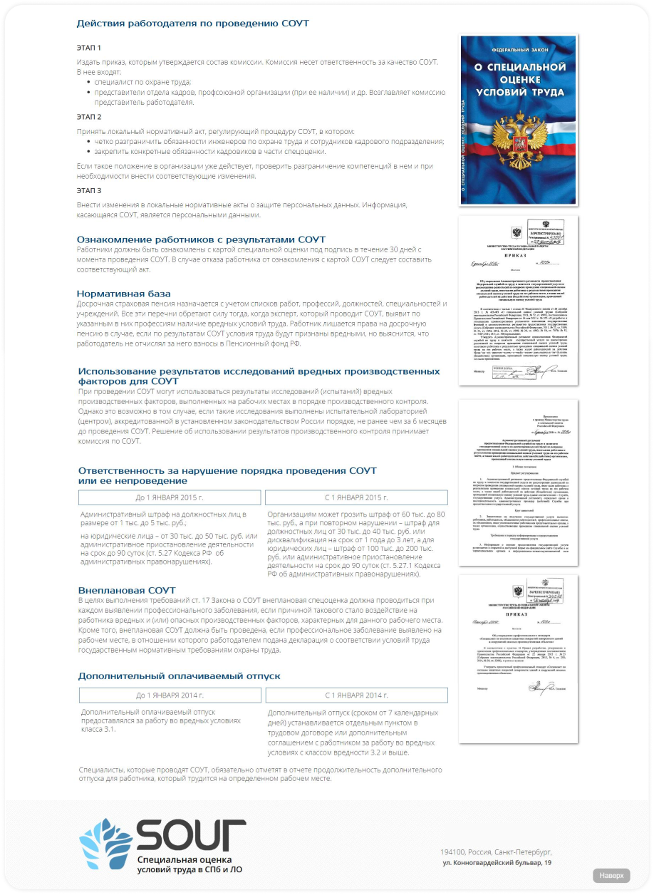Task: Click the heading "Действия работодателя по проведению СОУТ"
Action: click(x=192, y=24)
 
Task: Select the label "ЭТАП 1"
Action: click(x=89, y=48)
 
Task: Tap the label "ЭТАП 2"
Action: click(x=89, y=116)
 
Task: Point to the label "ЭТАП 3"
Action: click(x=89, y=190)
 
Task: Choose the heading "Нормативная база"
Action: click(x=124, y=294)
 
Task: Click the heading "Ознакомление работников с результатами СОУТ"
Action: click(x=201, y=239)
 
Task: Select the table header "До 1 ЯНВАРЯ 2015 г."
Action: click(x=170, y=497)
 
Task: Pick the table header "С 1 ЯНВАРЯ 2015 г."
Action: click(x=355, y=497)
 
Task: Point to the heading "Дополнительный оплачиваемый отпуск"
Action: click(x=179, y=676)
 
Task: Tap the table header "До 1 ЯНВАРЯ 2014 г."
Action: click(x=170, y=695)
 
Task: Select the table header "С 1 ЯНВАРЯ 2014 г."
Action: click(x=355, y=695)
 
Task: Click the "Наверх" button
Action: click(x=611, y=875)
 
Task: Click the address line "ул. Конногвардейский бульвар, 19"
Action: click(x=497, y=863)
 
